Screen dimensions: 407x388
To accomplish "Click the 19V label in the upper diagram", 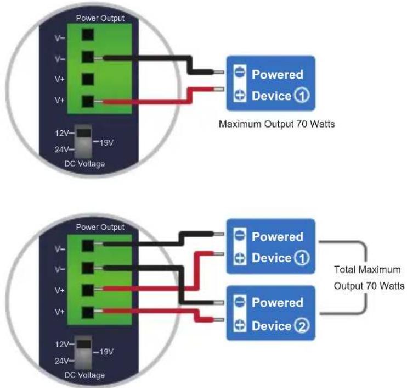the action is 106,142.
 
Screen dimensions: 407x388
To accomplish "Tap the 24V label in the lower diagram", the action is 62,361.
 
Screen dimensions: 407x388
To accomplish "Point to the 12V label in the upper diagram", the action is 62,134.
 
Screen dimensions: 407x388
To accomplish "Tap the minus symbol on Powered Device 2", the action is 240,302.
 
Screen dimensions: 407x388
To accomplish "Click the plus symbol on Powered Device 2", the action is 240,325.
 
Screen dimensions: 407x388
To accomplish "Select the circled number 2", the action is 302,325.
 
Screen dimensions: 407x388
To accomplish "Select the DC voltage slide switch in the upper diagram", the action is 83,142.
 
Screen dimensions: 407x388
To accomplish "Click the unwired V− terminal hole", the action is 88,35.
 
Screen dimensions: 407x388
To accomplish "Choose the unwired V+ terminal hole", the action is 88,79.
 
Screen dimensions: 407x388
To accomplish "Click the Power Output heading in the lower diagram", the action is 100,227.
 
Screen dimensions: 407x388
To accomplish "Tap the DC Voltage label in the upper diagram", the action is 84,164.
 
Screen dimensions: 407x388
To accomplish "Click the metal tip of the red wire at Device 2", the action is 218,319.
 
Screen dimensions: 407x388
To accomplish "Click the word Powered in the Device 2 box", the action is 277,302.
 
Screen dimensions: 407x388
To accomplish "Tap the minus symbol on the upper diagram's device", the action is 240,72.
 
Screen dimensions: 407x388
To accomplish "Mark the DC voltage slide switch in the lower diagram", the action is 83,352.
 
